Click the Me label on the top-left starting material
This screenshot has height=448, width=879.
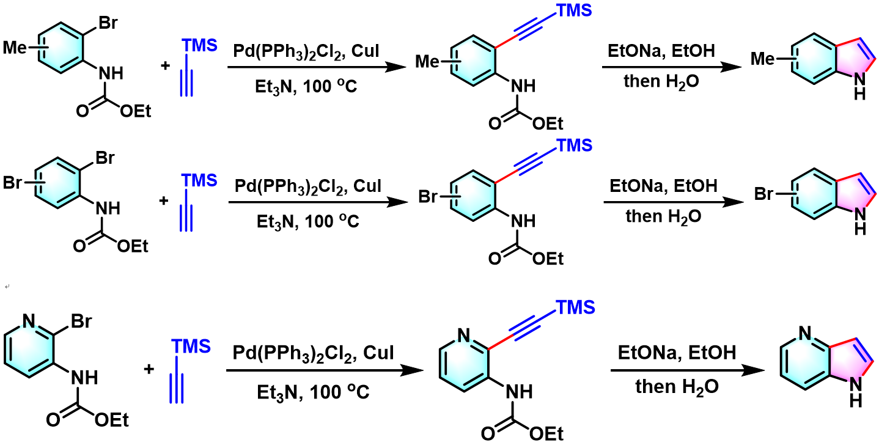(18, 46)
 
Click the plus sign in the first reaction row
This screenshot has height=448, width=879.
(164, 65)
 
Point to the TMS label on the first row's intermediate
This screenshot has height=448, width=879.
(574, 10)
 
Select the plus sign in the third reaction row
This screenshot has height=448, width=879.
(149, 369)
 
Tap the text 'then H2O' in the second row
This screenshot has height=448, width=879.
(663, 215)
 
